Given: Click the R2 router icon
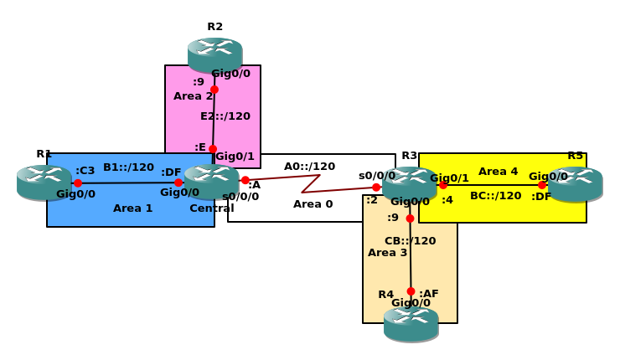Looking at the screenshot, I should point(214,54).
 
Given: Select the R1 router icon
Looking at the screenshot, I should point(44,183).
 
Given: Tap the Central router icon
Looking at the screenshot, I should point(211,181).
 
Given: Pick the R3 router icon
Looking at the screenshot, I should point(409,183).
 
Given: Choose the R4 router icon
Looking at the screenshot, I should point(411,324).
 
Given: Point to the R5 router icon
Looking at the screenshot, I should point(575,184).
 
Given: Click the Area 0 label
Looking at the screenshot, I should point(313,203).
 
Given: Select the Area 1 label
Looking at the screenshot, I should point(132,208).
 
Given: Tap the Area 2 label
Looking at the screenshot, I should point(193,96).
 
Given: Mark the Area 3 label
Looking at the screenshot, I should point(387,252).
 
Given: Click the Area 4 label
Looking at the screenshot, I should point(498,172).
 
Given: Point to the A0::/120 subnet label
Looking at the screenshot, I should point(309,167).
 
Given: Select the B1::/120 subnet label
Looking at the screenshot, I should point(128,167).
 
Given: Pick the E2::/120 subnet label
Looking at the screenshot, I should point(225,116).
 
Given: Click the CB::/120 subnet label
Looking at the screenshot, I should point(410,241).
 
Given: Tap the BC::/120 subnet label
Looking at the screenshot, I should point(495,196).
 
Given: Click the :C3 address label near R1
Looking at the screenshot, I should point(85,171).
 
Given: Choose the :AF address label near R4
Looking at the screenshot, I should point(428,294).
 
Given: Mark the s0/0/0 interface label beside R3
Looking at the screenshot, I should point(376,176).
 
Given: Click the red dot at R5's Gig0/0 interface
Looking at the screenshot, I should point(542,185).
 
